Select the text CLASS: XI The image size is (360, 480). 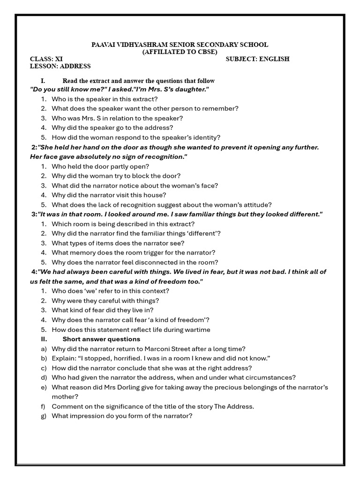[x=46, y=59]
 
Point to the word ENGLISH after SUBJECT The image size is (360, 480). [x=274, y=59]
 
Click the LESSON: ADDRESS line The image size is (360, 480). [x=60, y=66]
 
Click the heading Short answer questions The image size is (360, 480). [x=101, y=339]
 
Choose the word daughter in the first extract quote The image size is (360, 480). [x=190, y=89]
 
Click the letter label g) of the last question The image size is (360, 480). [x=44, y=416]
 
